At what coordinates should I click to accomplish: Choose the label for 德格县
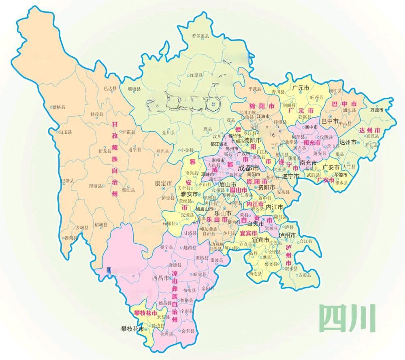point(59,107)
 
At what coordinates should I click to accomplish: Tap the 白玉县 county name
point(65,132)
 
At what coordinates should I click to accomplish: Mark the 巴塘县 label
point(67,180)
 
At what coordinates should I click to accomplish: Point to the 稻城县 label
point(100,224)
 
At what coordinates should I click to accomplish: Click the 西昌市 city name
point(160,278)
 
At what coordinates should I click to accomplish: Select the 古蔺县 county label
point(304,275)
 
